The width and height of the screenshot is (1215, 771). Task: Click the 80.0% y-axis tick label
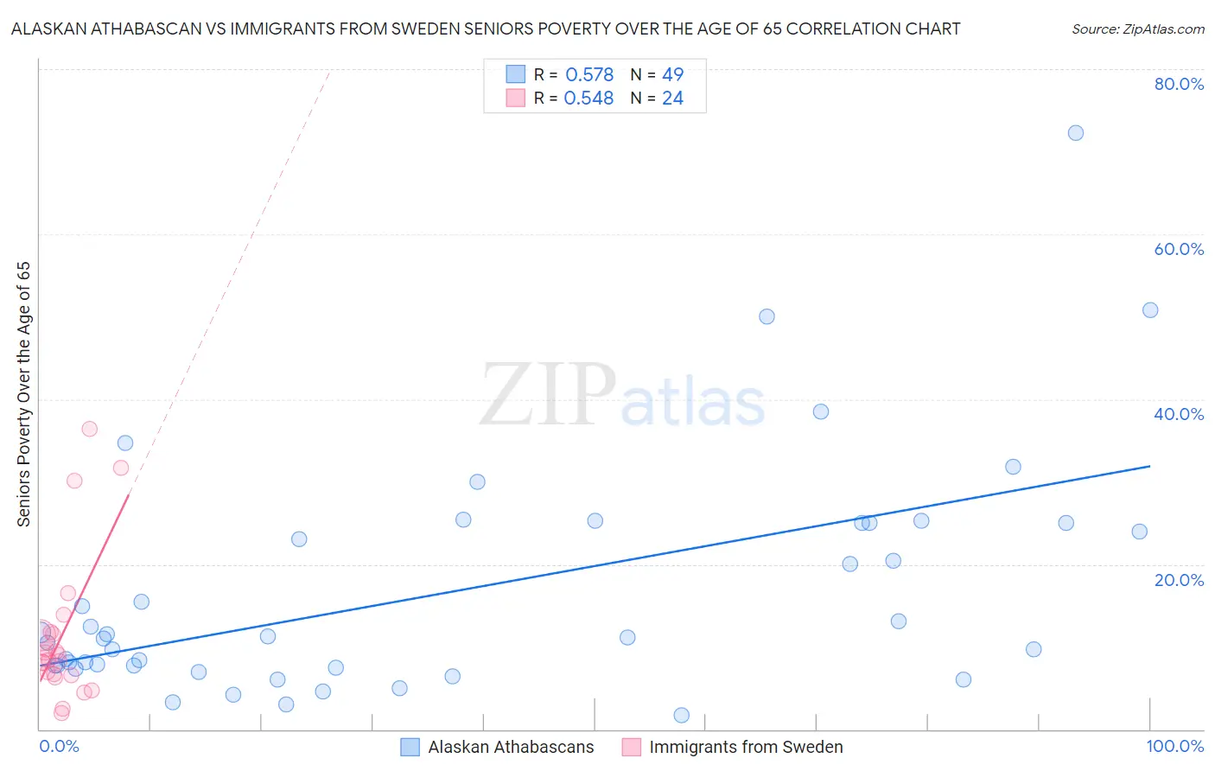[1179, 84]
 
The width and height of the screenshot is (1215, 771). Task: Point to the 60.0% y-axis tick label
[1179, 249]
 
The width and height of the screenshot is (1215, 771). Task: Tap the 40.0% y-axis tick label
[1179, 414]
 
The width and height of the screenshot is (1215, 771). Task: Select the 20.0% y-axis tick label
[1179, 580]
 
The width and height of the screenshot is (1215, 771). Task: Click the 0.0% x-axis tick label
[59, 746]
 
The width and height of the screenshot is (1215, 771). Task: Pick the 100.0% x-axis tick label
[1174, 746]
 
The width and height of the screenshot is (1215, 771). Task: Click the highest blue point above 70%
[1075, 133]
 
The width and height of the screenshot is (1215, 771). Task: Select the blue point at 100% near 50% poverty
[1150, 310]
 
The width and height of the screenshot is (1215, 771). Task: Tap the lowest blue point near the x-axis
[681, 715]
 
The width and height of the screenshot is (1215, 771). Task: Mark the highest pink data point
[89, 429]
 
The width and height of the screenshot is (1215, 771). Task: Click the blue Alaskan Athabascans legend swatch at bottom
[410, 747]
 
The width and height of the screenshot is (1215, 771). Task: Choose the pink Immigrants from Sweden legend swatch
[632, 747]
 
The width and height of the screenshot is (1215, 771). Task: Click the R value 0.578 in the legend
[589, 75]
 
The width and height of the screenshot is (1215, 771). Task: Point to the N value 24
[672, 99]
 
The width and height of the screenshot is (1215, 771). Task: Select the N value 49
[672, 75]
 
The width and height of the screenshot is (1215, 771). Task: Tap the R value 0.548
[588, 99]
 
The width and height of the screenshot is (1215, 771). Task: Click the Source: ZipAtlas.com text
[1137, 29]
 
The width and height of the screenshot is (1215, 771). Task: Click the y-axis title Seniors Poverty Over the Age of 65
[23, 394]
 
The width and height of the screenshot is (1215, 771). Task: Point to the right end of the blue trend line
[1150, 466]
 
